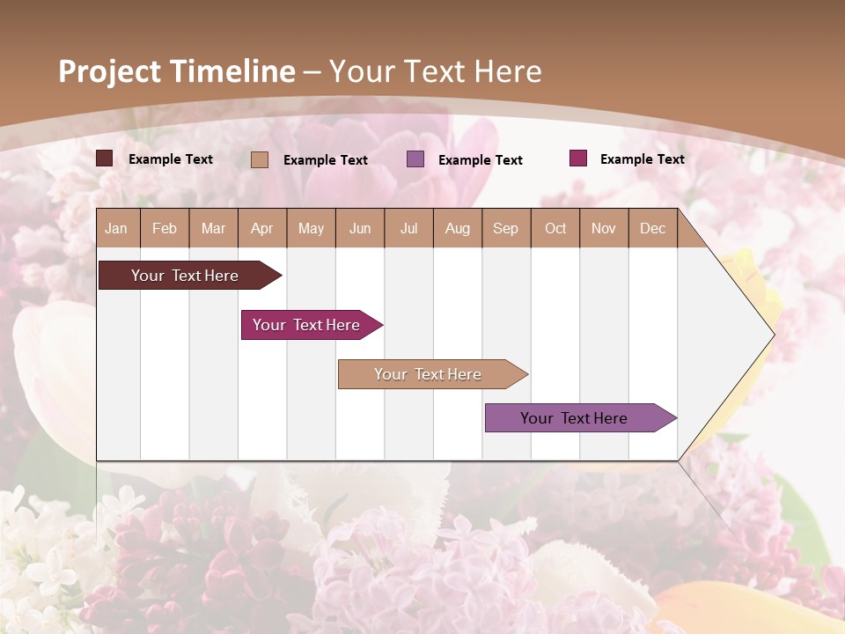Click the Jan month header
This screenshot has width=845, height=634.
(116, 228)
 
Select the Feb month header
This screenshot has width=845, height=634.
(165, 228)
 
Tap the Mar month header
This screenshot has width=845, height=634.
(213, 228)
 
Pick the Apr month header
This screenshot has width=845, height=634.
(261, 228)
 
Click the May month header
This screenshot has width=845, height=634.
(311, 228)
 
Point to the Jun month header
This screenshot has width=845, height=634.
(360, 228)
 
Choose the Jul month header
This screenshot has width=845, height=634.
(408, 228)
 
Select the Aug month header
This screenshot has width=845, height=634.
(457, 228)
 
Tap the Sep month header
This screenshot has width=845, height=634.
(505, 228)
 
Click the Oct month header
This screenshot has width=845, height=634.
(555, 228)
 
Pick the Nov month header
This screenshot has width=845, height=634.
(604, 228)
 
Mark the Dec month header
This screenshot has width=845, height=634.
(652, 228)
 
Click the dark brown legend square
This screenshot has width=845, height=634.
(105, 158)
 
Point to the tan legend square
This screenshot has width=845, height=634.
(260, 159)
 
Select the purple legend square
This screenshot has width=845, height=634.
(415, 159)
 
